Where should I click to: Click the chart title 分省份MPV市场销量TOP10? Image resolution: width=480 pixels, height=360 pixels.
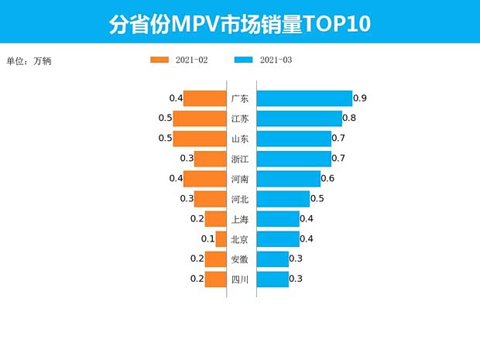pyautogui.click(x=240, y=24)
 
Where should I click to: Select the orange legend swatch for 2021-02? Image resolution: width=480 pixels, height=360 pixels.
pyautogui.click(x=159, y=60)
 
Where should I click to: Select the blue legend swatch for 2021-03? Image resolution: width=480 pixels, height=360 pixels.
pyautogui.click(x=244, y=60)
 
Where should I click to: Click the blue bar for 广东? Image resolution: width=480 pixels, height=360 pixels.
pyautogui.click(x=303, y=98)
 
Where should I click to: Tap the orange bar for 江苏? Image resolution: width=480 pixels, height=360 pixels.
pyautogui.click(x=199, y=118)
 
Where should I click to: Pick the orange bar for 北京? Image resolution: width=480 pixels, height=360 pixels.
pyautogui.click(x=221, y=238)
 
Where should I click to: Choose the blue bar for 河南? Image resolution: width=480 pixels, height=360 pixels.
pyautogui.click(x=288, y=179)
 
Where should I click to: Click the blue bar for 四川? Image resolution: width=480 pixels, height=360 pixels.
pyautogui.click(x=272, y=279)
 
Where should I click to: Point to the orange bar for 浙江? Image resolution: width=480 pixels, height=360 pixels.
pyautogui.click(x=210, y=159)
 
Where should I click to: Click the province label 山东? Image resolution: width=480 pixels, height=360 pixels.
pyautogui.click(x=240, y=139)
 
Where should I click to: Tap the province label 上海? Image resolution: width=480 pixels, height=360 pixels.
pyautogui.click(x=240, y=219)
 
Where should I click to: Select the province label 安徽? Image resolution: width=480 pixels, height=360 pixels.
pyautogui.click(x=240, y=259)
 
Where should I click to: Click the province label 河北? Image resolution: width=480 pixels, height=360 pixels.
pyautogui.click(x=240, y=199)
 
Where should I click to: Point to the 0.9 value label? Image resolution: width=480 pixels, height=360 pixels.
pyautogui.click(x=359, y=98)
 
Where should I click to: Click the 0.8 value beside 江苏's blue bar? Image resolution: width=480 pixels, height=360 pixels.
pyautogui.click(x=349, y=118)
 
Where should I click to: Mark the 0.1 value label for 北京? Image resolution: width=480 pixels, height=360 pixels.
pyautogui.click(x=207, y=238)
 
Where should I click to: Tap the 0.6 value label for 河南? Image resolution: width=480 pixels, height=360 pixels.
pyautogui.click(x=327, y=179)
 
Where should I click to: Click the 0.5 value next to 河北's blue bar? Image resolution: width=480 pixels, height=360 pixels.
pyautogui.click(x=317, y=199)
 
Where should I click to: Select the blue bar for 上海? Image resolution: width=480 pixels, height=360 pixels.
pyautogui.click(x=277, y=219)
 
